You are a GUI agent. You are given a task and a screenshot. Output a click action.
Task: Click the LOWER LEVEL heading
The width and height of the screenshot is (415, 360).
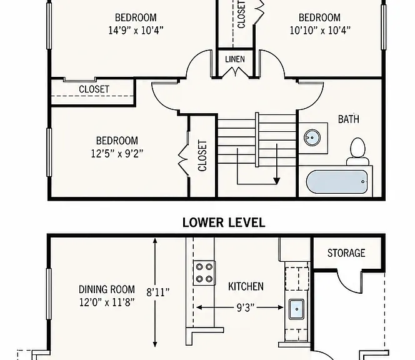[224, 222]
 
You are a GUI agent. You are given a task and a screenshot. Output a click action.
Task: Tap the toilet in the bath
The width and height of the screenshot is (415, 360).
[358, 152]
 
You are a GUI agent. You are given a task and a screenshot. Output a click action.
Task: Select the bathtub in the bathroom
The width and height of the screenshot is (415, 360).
[337, 182]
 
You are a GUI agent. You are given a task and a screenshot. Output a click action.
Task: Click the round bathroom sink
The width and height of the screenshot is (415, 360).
[312, 137]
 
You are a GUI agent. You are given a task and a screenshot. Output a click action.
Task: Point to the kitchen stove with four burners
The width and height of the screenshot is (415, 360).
[204, 273]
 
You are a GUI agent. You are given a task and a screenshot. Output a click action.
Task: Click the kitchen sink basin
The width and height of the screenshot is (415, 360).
[296, 309]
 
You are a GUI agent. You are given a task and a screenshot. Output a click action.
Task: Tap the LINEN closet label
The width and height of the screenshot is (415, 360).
[235, 59]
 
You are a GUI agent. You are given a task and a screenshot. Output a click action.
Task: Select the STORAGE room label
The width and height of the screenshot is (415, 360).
[346, 253]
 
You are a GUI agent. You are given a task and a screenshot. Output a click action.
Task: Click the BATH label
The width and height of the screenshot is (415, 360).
[349, 119]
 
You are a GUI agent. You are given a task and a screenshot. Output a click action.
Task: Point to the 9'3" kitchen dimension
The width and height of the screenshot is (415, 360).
[246, 307]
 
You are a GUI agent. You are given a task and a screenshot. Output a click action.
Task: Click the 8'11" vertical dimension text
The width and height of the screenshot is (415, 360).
[158, 292]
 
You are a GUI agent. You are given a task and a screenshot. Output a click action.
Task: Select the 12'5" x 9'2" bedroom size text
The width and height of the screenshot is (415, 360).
[117, 154]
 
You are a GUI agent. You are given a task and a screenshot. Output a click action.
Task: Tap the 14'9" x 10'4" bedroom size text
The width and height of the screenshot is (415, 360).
[136, 31]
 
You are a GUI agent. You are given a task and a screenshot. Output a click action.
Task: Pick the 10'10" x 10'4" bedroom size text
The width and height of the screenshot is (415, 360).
[320, 31]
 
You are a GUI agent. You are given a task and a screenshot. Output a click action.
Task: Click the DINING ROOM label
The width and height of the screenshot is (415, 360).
[107, 289]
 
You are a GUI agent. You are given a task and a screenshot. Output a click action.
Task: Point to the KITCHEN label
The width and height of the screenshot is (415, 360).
[246, 286]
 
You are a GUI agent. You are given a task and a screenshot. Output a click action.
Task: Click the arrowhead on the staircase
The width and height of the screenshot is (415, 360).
[277, 181]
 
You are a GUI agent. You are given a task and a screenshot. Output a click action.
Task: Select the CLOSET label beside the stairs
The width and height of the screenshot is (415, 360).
[202, 156]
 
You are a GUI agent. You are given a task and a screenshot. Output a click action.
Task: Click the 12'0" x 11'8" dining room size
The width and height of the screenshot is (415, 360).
[107, 302]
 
